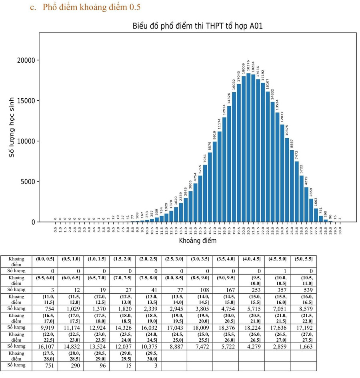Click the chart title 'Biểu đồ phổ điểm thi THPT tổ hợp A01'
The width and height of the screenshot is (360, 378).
click(198, 26)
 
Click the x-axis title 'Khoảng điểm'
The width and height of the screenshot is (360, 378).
click(198, 241)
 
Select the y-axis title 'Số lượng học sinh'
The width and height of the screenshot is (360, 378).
click(12, 127)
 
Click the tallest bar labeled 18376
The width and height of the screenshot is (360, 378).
click(248, 147)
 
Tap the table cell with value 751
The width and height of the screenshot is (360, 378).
click(49, 365)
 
